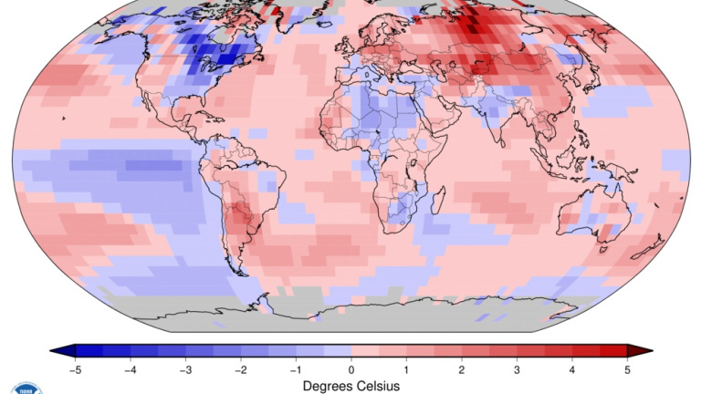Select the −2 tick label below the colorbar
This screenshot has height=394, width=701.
pyautogui.click(x=240, y=369)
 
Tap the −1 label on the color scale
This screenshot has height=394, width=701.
pyautogui.click(x=295, y=369)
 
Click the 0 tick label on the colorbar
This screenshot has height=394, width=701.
pyautogui.click(x=351, y=369)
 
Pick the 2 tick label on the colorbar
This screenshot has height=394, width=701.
pyautogui.click(x=462, y=369)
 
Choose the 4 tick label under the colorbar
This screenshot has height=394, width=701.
pyautogui.click(x=572, y=369)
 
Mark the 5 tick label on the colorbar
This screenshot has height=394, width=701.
pyautogui.click(x=627, y=369)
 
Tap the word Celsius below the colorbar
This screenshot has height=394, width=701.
pyautogui.click(x=380, y=386)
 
